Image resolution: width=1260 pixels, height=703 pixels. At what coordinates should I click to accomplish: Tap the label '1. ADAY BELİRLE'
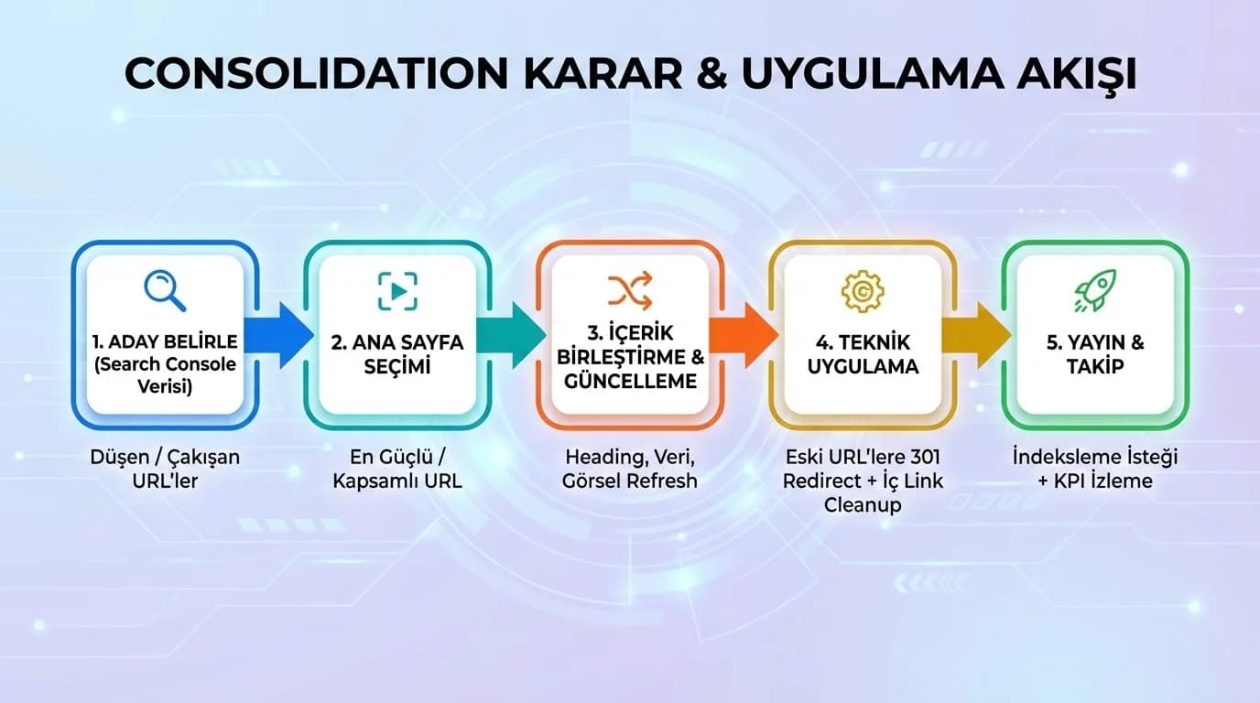pos(165,342)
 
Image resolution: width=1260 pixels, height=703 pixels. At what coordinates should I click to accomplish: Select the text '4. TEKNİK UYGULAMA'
pos(863,354)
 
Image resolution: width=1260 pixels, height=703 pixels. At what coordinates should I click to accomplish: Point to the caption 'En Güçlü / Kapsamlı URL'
pos(397,468)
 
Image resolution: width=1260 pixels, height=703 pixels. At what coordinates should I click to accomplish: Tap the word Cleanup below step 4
pos(863,504)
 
